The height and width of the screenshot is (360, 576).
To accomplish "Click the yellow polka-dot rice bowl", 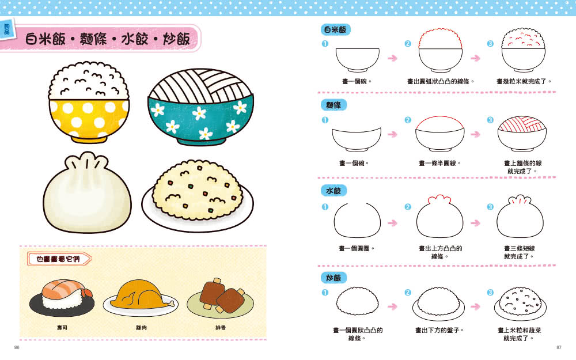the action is [x=89, y=103].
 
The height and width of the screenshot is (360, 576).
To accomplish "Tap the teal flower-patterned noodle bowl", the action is [x=200, y=107].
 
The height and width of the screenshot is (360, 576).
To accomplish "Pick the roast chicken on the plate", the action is [x=141, y=295].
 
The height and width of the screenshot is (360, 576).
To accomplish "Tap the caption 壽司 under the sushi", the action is [x=62, y=328].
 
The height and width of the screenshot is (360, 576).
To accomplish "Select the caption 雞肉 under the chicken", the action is [x=141, y=328].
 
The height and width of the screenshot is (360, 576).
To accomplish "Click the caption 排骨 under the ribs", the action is [x=221, y=328].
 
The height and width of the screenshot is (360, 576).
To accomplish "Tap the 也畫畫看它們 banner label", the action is [x=59, y=259].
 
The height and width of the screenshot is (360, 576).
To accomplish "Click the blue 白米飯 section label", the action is [x=335, y=29].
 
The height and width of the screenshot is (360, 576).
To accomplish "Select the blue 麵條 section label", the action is [x=334, y=105].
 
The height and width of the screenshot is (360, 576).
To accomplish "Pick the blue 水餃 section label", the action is [x=334, y=191].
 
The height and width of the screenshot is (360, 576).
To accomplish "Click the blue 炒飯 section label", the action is [x=334, y=278].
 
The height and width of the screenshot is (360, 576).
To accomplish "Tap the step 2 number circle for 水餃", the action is [x=408, y=207].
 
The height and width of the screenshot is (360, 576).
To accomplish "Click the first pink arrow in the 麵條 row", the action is [x=392, y=134].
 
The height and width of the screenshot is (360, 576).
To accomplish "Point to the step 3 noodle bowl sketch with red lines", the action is [x=522, y=134].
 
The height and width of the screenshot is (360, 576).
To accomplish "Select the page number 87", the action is [x=559, y=347].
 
